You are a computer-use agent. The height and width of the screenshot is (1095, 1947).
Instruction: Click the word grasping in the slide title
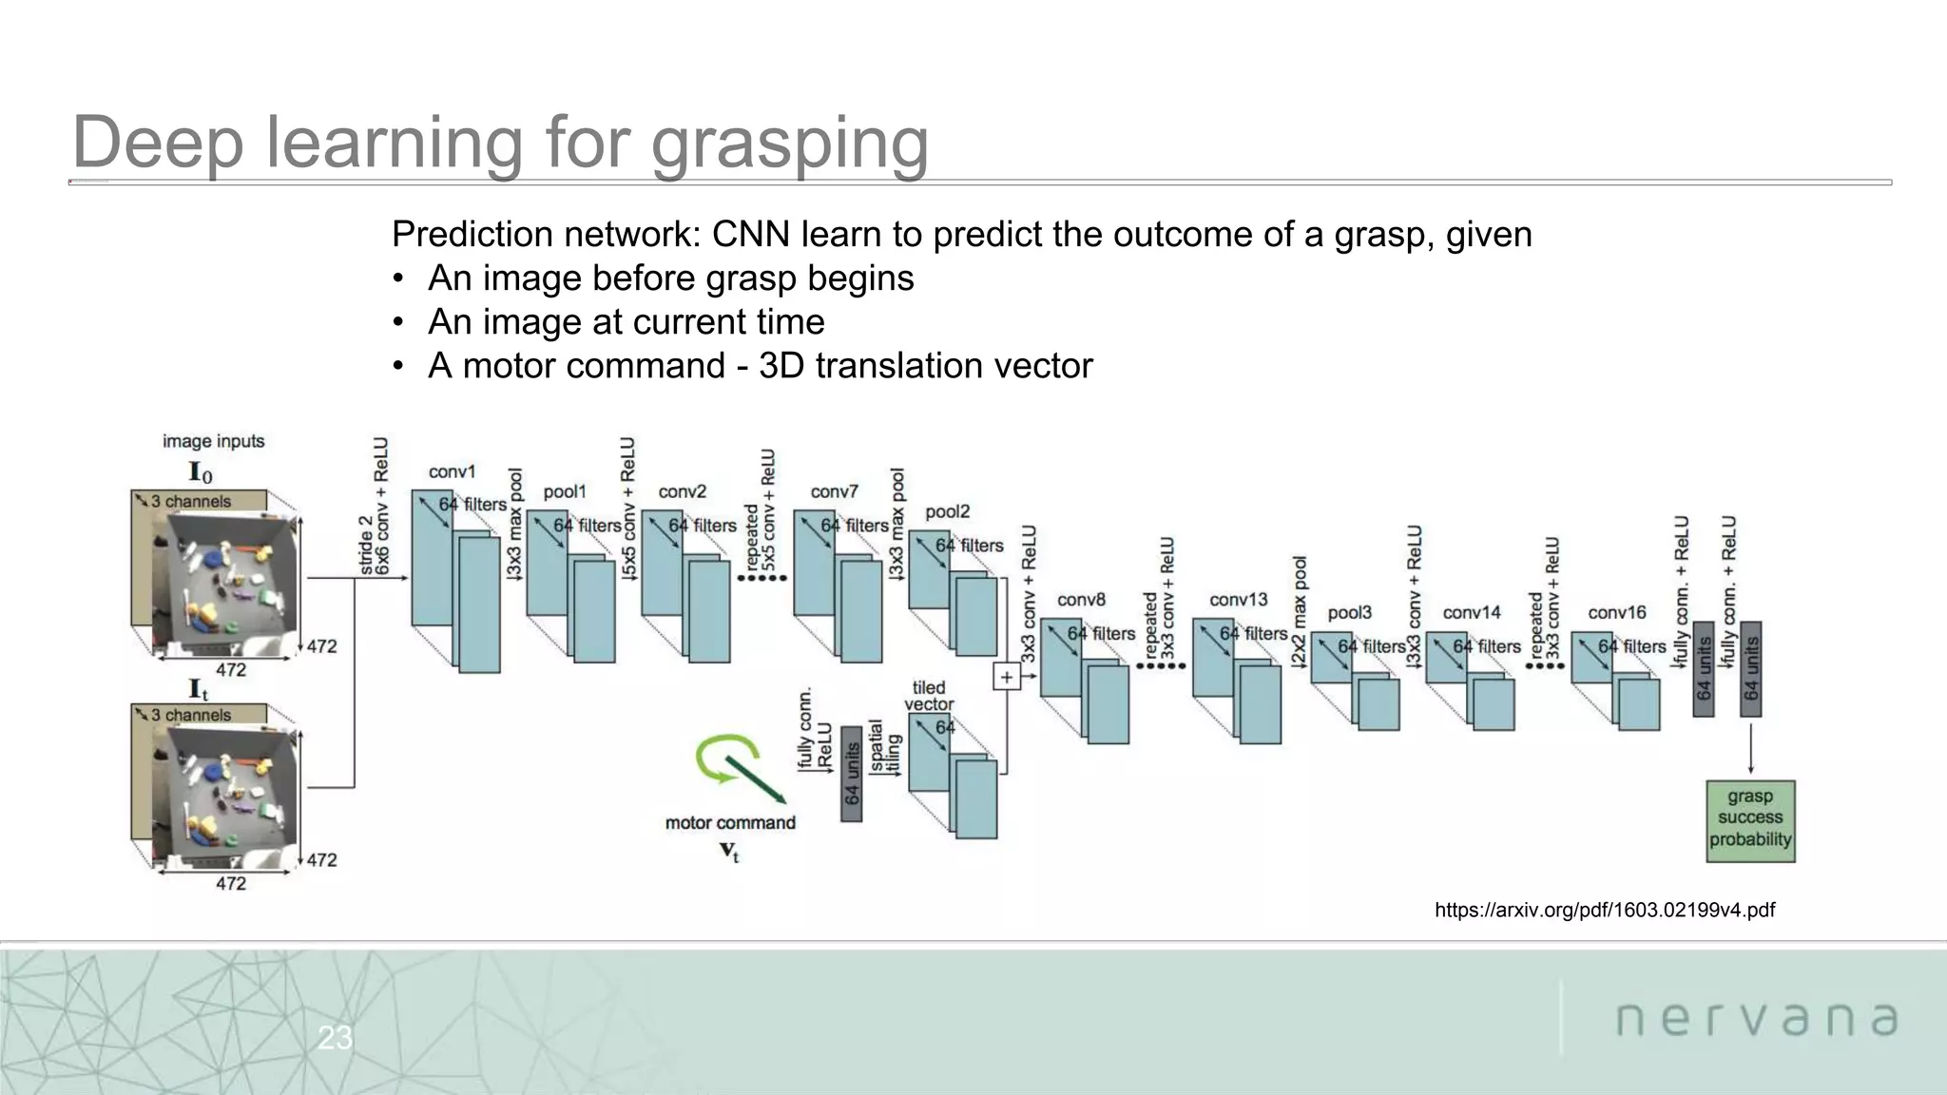click(789, 143)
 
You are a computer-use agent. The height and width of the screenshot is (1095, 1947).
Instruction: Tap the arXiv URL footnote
click(1604, 911)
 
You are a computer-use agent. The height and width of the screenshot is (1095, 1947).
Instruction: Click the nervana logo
click(1757, 1019)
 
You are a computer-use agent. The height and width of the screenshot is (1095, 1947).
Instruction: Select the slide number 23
click(335, 1038)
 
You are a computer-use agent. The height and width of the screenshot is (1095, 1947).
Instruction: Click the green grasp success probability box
click(1749, 819)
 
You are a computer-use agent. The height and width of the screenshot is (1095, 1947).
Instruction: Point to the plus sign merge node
click(1006, 677)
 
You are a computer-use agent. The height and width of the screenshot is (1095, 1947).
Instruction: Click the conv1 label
click(452, 472)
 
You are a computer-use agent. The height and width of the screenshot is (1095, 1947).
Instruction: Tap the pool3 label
click(1350, 613)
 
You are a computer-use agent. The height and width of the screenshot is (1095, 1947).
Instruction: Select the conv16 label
click(1616, 613)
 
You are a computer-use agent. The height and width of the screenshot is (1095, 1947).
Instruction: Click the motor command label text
click(730, 823)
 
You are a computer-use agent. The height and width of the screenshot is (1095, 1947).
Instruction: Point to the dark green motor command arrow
click(756, 779)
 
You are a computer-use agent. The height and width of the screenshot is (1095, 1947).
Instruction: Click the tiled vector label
click(929, 696)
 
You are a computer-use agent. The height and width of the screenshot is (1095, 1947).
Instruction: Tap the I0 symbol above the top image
click(201, 472)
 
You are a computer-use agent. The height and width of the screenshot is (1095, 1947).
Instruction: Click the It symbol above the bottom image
click(199, 689)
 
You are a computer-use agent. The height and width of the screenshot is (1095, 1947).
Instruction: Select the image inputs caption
click(213, 441)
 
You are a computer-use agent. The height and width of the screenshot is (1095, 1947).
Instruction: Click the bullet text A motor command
click(759, 366)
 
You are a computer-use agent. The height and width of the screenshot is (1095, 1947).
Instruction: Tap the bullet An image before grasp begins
click(669, 279)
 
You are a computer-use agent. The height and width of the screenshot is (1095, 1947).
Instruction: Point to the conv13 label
click(1238, 600)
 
